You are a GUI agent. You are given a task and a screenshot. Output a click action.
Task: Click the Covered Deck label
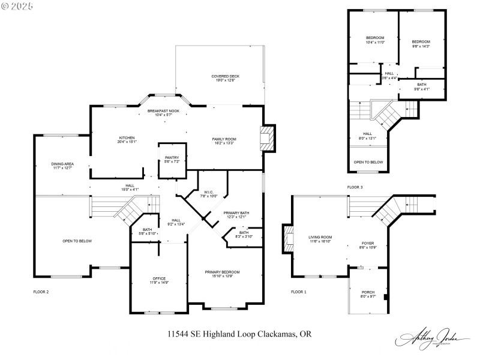tap(225, 77)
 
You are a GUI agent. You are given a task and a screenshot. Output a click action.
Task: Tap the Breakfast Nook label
tap(163, 111)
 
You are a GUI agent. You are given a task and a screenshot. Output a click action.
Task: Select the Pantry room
tap(172, 160)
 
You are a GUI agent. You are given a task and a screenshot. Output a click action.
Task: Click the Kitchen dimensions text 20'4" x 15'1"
tap(127, 142)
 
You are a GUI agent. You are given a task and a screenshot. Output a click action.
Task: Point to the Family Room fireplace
tap(267, 139)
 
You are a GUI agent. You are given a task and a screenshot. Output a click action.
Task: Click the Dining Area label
tap(62, 164)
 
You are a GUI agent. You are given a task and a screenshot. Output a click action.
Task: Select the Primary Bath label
tap(236, 213)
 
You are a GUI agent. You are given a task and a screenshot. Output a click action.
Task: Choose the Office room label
tap(159, 278)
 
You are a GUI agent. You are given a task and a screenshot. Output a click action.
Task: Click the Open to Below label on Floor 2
tap(77, 241)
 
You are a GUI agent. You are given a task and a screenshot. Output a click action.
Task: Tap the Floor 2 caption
tap(41, 292)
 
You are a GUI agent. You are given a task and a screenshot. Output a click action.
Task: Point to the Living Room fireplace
tap(289, 239)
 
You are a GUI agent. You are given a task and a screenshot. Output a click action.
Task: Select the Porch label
tap(367, 292)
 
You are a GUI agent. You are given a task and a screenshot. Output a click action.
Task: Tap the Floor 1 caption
tap(298, 292)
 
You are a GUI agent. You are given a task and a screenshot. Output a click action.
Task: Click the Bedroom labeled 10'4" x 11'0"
tap(374, 38)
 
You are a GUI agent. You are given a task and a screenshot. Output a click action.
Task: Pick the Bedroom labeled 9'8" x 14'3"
tap(421, 42)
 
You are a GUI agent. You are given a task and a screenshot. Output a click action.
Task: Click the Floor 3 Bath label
tap(422, 85)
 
